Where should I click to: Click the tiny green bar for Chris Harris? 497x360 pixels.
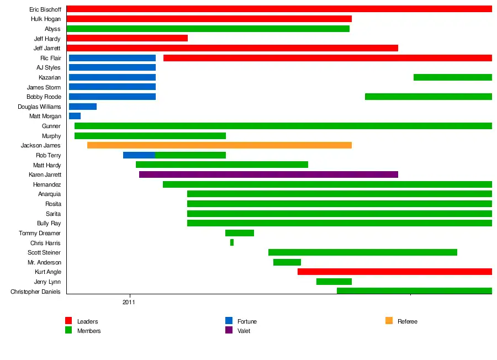point(232,242)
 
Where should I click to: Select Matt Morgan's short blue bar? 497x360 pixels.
point(75,116)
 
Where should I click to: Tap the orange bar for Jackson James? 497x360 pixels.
point(219,145)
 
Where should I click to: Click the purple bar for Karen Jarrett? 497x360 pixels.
point(268,174)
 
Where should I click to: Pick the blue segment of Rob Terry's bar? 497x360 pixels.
point(139,155)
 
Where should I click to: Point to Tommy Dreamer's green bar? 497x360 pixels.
point(240,233)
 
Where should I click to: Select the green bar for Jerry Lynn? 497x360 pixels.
point(334,282)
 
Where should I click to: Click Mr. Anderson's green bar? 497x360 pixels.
point(287,262)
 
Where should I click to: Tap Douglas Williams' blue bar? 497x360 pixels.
point(83,107)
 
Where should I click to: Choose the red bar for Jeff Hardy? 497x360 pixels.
point(127,38)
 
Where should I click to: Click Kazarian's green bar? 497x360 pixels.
point(453,77)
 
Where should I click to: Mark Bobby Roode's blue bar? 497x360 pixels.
point(112,97)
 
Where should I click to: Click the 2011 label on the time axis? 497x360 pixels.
point(129,302)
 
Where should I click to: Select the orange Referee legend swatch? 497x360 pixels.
point(389,321)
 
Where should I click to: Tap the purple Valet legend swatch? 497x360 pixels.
point(229,330)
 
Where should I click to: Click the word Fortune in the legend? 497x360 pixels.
point(247,321)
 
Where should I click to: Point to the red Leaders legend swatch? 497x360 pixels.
point(68,321)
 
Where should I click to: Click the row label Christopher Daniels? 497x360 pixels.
point(35,292)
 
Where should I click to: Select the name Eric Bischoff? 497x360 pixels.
point(45,9)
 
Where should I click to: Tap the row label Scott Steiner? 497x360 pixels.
point(44,252)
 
